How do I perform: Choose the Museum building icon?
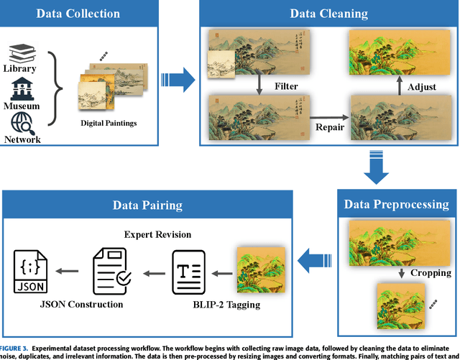pos(21,88)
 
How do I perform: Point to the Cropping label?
pos(431,272)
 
